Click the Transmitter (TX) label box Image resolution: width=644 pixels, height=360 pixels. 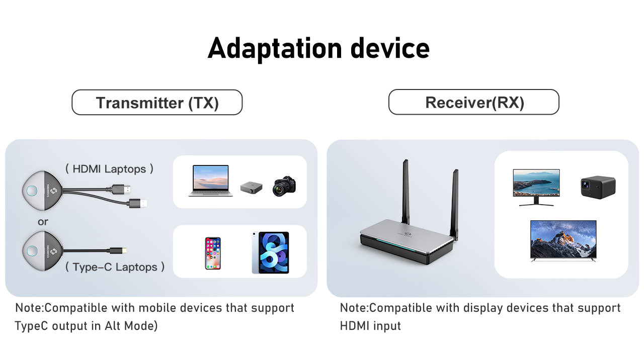[157, 102]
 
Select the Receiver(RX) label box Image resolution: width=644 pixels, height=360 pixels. [474, 102]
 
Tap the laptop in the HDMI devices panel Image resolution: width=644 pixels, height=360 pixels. [211, 181]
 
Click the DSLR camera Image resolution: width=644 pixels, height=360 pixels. [284, 186]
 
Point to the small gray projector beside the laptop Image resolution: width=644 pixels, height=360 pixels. [251, 188]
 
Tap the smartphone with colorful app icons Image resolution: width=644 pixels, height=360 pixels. [213, 253]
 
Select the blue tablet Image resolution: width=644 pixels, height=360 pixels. [271, 252]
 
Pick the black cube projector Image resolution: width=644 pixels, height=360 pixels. [598, 188]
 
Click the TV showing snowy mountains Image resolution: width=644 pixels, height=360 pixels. [563, 240]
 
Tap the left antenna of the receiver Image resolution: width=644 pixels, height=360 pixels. [406, 192]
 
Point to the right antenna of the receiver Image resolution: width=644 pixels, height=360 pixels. [454, 205]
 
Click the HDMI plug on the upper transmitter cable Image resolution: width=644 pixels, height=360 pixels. [121, 190]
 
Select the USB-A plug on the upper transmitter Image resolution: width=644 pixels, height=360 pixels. [138, 203]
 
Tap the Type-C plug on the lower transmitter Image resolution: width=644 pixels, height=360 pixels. [118, 250]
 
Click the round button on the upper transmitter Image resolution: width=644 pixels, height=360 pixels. [32, 191]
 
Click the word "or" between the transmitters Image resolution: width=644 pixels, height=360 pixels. [43, 222]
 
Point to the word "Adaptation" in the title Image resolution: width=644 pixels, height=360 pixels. [275, 49]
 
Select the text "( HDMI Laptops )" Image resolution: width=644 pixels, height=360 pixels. [109, 169]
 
